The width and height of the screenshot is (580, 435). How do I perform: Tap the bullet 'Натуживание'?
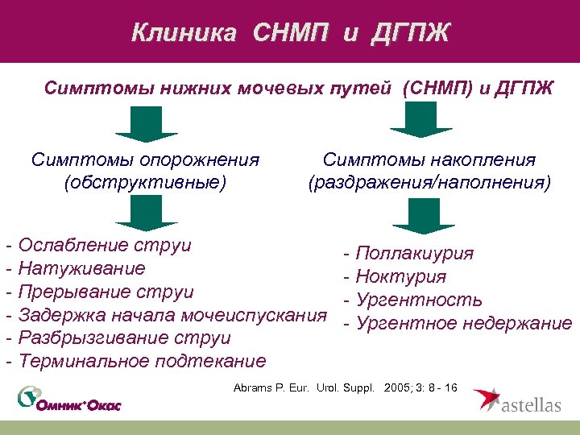click(81, 268)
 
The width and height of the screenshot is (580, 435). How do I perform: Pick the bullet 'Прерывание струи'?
click(105, 292)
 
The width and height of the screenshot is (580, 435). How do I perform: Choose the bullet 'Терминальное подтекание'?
click(141, 360)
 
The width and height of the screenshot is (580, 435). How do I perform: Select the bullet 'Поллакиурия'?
click(413, 255)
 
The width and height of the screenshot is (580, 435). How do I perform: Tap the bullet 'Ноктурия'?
click(400, 277)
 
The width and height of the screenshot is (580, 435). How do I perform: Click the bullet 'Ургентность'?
click(418, 300)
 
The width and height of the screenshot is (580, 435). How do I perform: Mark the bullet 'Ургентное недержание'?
click(462, 324)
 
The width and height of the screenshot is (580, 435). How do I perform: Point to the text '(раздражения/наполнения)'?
click(429, 183)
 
